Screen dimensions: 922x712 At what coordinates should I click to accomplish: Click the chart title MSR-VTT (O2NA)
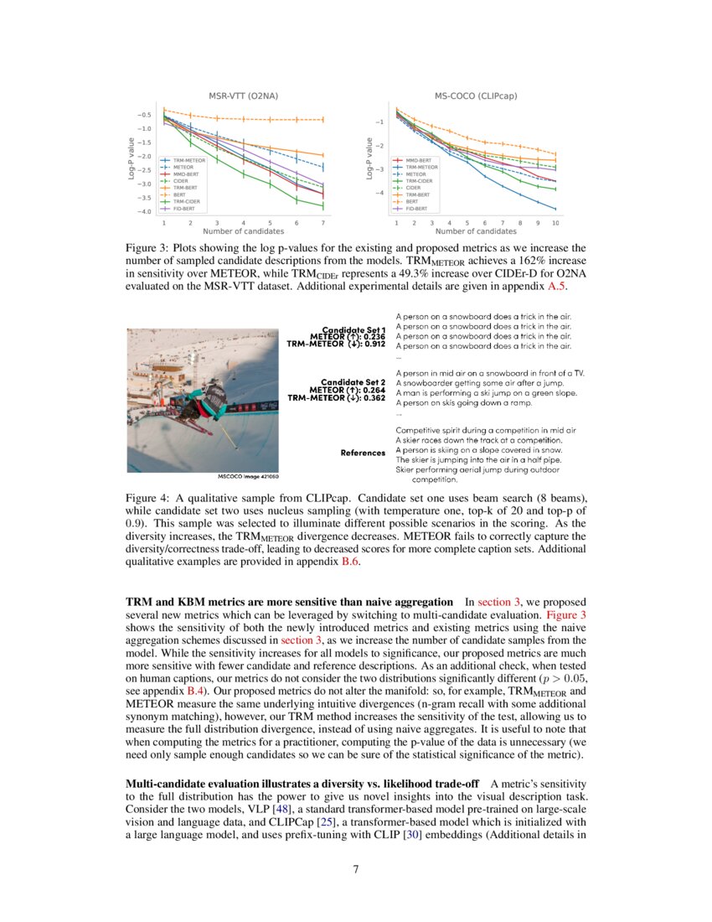tap(243, 96)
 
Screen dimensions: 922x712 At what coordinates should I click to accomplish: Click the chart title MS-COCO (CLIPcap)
tap(476, 96)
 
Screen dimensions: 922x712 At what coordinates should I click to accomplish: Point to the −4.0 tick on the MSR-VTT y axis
tap(144, 212)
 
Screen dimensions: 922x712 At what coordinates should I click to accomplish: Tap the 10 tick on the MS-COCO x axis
tap(555, 224)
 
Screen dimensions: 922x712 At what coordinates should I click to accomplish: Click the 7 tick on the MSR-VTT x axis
tap(323, 224)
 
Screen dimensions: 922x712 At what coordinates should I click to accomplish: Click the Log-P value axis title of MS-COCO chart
tap(369, 158)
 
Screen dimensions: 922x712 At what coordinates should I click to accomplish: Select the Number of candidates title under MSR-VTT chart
tap(243, 232)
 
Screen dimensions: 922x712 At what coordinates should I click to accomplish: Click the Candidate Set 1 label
tap(353, 329)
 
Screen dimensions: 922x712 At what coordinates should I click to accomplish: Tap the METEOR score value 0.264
tap(372, 390)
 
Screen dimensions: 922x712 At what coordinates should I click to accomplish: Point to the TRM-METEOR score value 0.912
tap(372, 344)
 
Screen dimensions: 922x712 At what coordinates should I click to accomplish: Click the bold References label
tap(363, 453)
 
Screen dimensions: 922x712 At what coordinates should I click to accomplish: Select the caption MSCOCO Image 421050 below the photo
tap(249, 477)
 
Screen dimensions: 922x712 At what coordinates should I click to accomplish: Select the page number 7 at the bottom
tap(356, 869)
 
